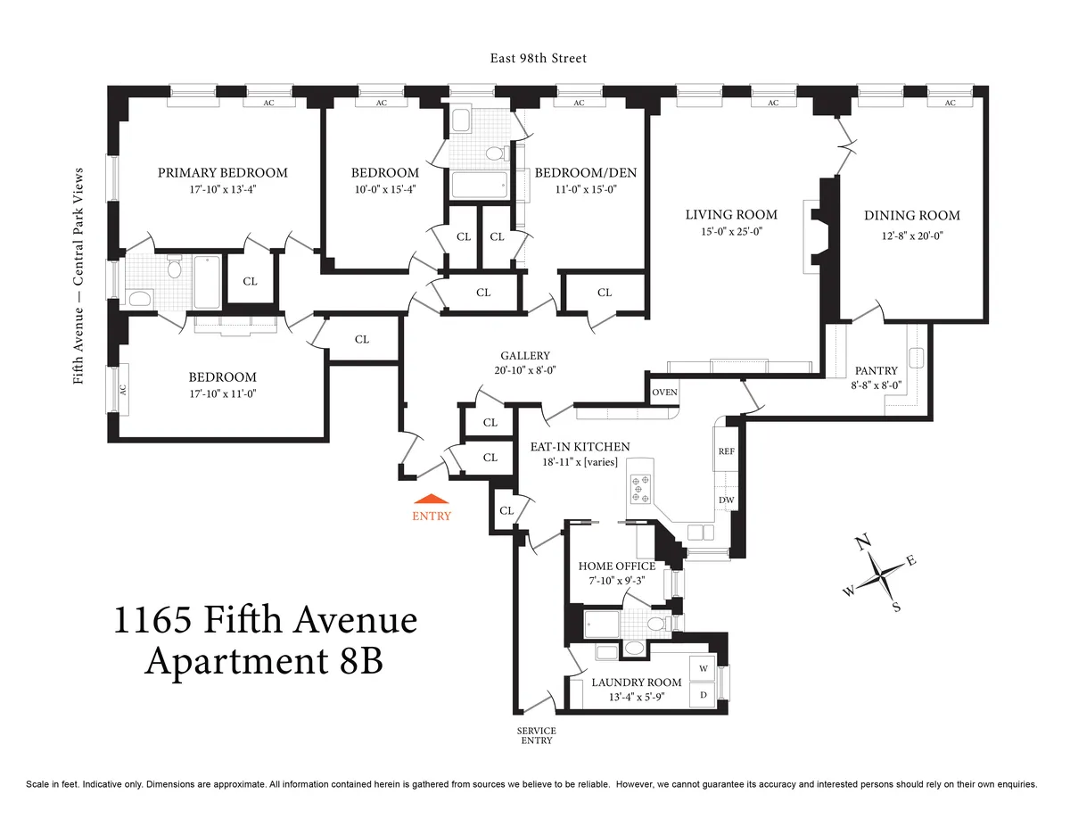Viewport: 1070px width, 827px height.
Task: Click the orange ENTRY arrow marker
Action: (x=431, y=501)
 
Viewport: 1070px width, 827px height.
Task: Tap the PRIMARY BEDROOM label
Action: (x=223, y=172)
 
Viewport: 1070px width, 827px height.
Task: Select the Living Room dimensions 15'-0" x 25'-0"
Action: (x=731, y=231)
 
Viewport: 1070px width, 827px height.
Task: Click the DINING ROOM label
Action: (x=911, y=215)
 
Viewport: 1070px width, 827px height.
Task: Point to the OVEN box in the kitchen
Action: (x=664, y=393)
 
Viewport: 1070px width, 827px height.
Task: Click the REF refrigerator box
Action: (x=726, y=451)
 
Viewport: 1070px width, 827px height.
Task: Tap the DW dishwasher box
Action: (x=726, y=500)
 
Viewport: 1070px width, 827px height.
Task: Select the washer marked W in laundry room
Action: (x=703, y=668)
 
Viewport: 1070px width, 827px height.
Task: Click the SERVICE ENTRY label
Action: (x=536, y=734)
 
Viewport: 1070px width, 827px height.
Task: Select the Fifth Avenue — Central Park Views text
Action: (x=78, y=276)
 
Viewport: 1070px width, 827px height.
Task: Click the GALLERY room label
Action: (x=524, y=355)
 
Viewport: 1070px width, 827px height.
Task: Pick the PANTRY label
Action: (x=876, y=370)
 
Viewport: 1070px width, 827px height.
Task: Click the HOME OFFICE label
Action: (x=616, y=566)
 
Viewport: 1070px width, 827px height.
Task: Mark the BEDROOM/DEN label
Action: (x=585, y=172)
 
